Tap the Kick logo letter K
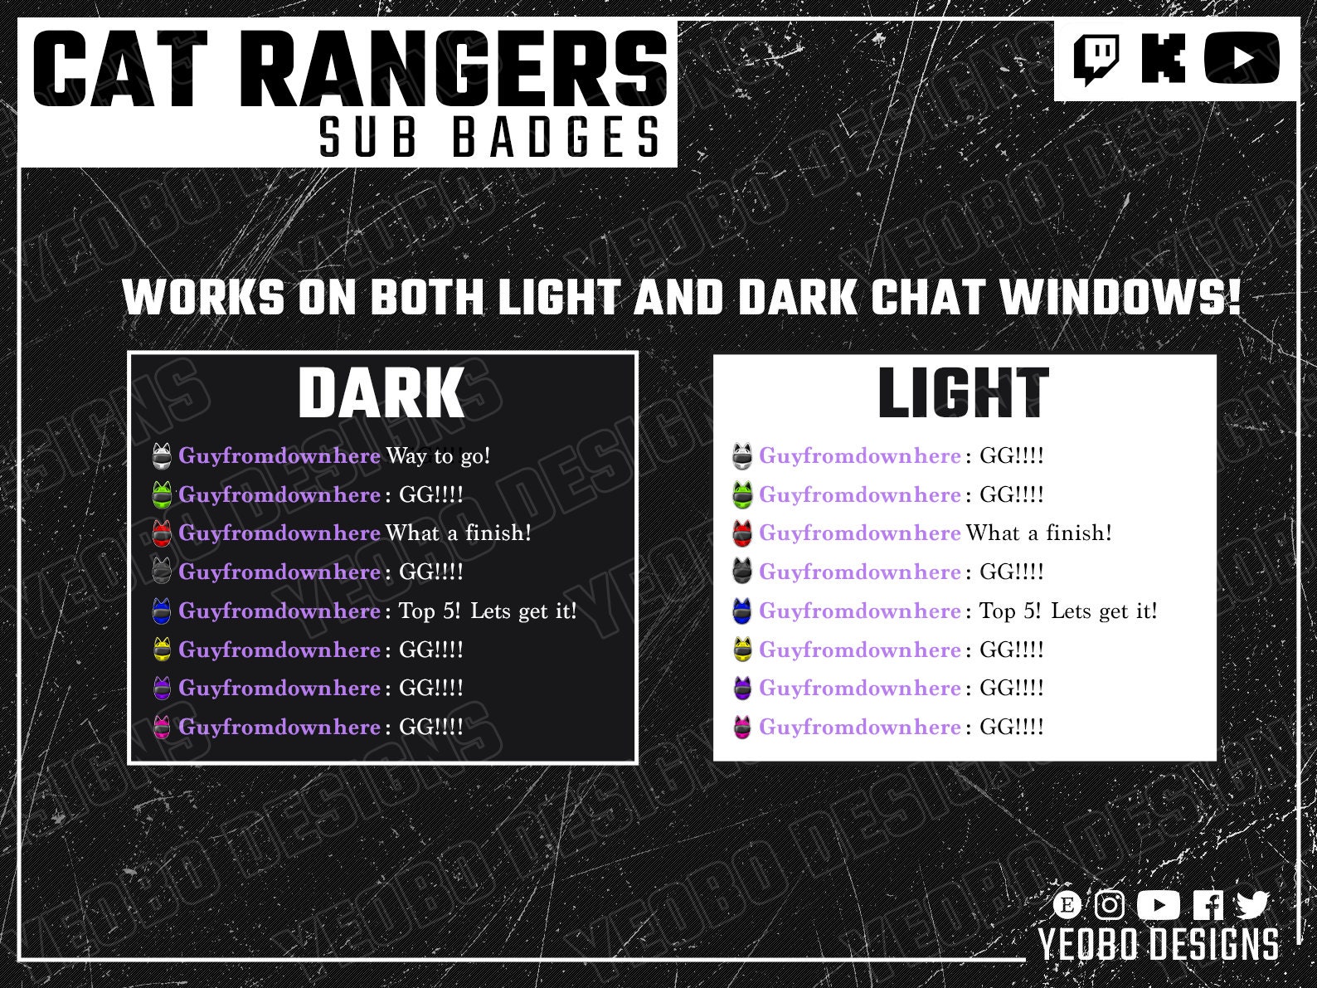1163,58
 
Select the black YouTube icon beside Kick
1242,58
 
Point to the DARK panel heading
381,393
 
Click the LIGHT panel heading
963,393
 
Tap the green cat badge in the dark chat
163,494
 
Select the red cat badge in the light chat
742,533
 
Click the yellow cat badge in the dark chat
163,650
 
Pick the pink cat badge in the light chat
742,728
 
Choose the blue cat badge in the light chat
742,611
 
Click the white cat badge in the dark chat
163,455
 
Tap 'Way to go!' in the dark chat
438,455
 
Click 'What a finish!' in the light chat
1038,533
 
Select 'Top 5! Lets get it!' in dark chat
488,611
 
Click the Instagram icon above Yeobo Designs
1110,904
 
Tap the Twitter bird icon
1252,904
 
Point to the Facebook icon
1208,904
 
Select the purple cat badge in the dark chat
163,689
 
